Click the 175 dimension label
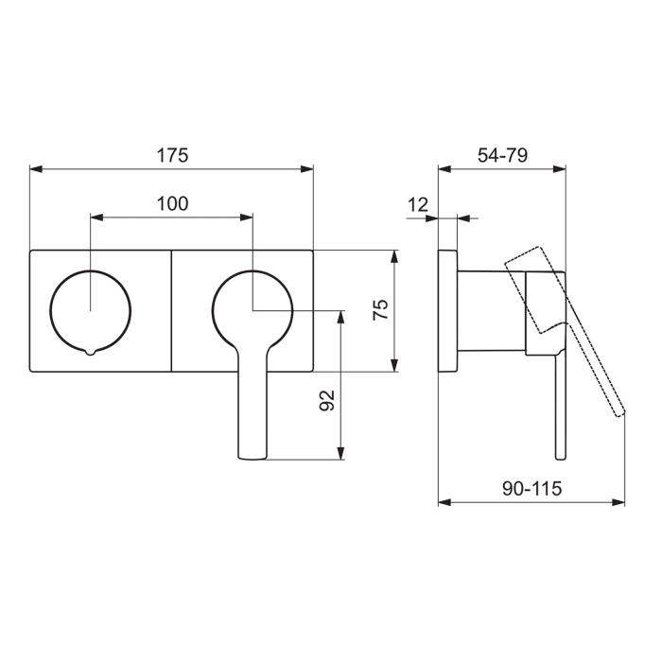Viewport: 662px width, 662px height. (172, 155)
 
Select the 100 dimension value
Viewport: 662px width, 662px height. (172, 203)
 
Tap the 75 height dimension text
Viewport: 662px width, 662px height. (380, 310)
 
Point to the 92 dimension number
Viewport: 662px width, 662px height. (327, 400)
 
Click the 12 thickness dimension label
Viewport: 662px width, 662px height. (418, 205)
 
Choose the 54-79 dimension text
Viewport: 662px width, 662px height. (502, 155)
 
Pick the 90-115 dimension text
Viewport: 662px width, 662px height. (531, 489)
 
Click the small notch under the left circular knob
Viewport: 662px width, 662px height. (90, 352)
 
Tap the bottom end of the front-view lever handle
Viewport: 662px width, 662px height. (253, 458)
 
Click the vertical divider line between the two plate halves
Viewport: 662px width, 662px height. (171, 311)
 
